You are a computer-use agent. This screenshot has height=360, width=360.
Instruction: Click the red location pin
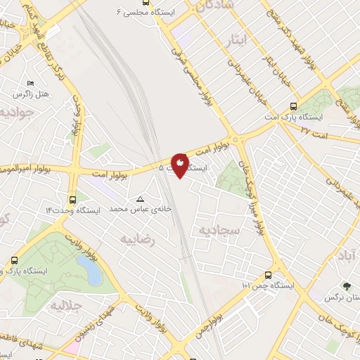coord(180,165)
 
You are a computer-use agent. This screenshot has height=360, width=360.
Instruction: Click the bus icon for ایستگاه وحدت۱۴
coord(74,199)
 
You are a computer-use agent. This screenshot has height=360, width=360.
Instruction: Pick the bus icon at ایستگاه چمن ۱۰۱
coord(268,275)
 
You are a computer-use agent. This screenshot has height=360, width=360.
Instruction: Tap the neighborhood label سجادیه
coord(219,230)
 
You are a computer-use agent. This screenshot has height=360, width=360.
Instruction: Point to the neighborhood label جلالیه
coord(67,307)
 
